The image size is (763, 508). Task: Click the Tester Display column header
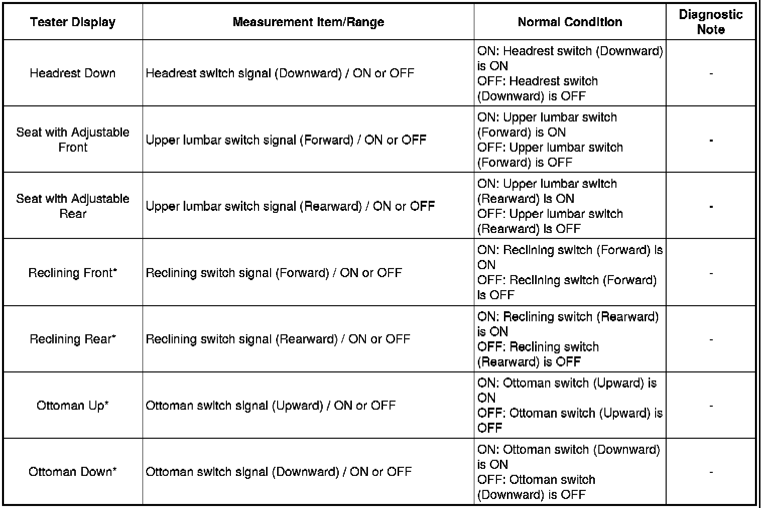pos(73,22)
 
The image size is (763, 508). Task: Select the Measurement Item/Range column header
pos(308,22)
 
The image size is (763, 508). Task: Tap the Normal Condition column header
pos(570,22)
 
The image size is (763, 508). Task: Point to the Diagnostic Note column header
pos(710,22)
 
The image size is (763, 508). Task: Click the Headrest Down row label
pos(73,73)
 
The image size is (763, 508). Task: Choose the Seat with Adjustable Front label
pos(73,140)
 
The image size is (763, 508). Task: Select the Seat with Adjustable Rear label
pos(73,206)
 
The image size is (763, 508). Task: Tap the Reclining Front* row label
pos(73,273)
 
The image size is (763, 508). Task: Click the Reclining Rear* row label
pos(73,339)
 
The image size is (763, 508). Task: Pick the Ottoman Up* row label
pos(73,406)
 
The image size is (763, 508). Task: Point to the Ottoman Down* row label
pos(73,472)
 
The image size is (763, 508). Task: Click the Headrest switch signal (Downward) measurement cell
pos(280,73)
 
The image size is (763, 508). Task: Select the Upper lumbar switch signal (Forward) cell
pos(286,140)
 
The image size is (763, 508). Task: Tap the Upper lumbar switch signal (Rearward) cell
pos(290,206)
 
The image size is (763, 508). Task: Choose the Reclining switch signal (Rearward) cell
pos(278,339)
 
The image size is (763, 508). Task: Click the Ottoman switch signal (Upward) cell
pos(271,406)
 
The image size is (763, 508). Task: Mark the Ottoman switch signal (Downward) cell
pos(279,472)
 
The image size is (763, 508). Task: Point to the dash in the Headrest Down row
pos(711,74)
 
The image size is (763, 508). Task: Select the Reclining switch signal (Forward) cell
pos(274,273)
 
